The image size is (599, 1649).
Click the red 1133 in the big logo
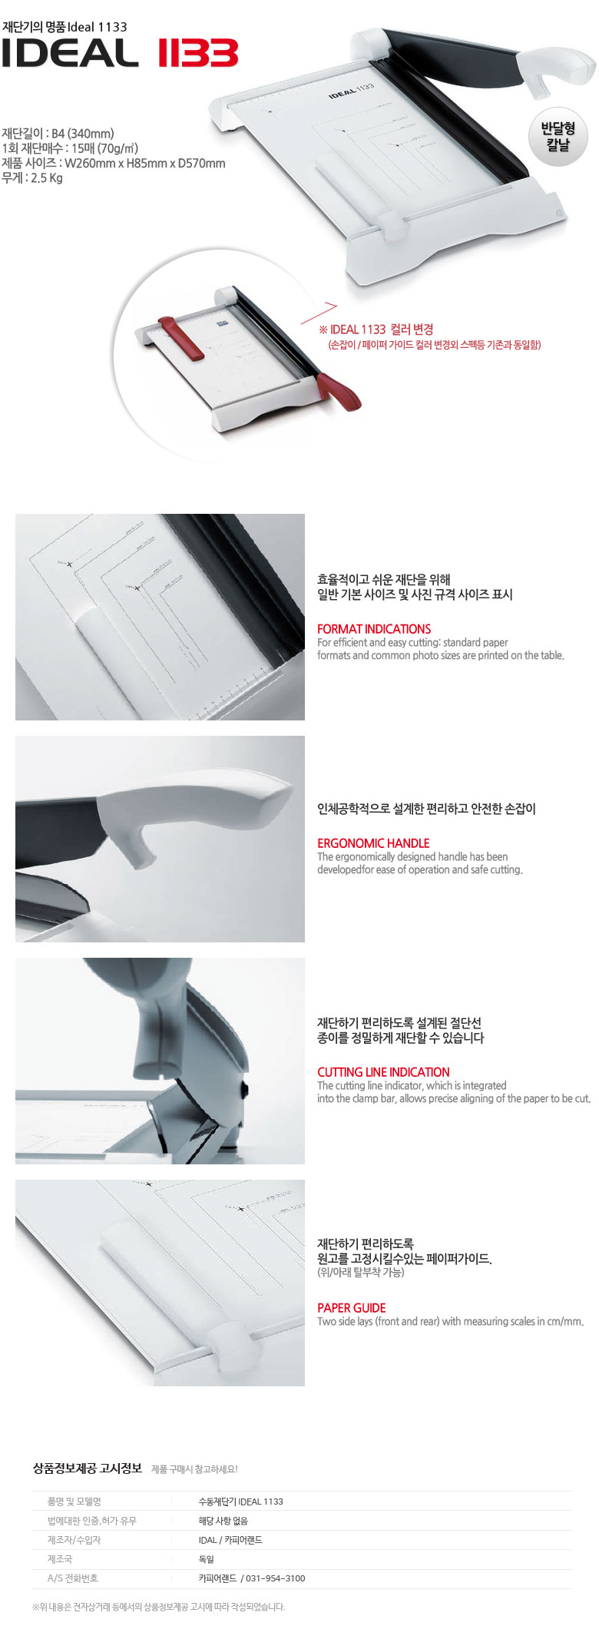(x=198, y=54)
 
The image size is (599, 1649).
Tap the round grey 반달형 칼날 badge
(x=558, y=137)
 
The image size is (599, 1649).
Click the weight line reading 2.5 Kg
(x=32, y=178)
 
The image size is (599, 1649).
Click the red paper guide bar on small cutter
(x=182, y=336)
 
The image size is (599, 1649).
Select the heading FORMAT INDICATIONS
(x=374, y=628)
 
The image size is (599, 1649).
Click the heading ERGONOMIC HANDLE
(x=373, y=843)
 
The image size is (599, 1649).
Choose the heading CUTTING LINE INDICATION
(x=383, y=1071)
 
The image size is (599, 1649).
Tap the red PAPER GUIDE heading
(x=352, y=1307)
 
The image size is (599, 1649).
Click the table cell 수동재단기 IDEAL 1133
(x=240, y=1501)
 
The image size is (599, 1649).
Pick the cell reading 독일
(x=206, y=1558)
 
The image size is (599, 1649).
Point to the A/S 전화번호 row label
(x=72, y=1578)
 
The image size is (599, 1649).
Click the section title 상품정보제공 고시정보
(x=88, y=1468)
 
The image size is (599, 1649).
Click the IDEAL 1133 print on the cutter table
(x=352, y=91)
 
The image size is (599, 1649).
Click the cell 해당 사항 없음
(x=223, y=1520)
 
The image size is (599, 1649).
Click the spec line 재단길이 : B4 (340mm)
(x=58, y=134)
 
